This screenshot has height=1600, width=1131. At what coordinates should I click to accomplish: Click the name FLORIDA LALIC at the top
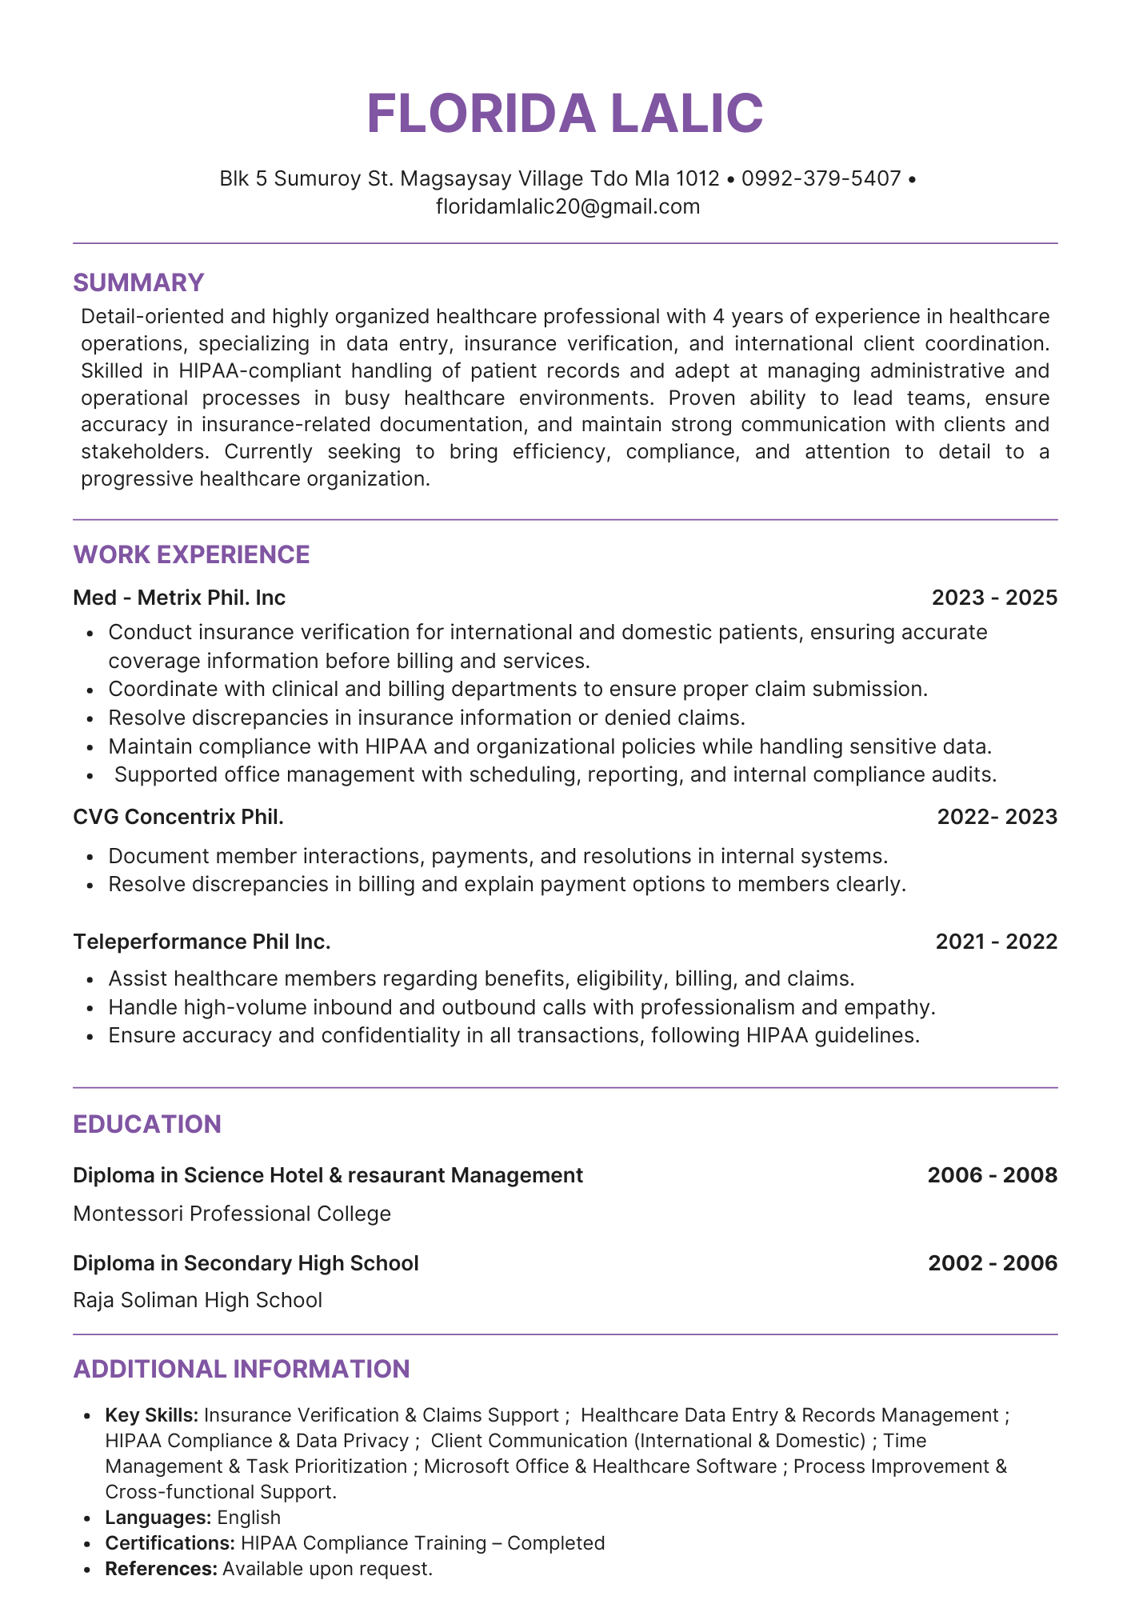[x=565, y=113]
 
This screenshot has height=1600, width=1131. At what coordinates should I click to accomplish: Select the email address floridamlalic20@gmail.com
[x=567, y=206]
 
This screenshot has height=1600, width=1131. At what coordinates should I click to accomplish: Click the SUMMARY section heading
[x=138, y=282]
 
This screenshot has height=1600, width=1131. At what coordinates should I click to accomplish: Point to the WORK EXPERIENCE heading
[x=191, y=554]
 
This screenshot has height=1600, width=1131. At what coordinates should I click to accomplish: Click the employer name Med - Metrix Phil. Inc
[x=179, y=598]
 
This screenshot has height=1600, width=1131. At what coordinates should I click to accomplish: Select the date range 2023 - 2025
[x=994, y=598]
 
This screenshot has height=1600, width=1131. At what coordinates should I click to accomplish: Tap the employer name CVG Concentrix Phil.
[x=178, y=817]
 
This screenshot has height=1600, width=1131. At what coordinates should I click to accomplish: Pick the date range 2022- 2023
[x=997, y=817]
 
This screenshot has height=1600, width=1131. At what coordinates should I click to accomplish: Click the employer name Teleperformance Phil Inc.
[x=202, y=942]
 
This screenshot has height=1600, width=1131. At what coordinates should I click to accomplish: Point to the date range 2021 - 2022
[x=996, y=942]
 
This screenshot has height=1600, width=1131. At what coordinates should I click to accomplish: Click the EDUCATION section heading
[x=146, y=1124]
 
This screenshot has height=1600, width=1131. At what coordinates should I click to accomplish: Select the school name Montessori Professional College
[x=232, y=1214]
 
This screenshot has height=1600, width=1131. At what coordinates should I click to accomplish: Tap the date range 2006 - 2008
[x=992, y=1175]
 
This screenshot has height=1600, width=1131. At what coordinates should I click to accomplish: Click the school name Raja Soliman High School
[x=198, y=1300]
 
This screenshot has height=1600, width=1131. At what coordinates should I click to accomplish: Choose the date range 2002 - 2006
[x=993, y=1263]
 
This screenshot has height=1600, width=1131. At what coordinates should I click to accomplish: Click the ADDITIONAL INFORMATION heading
[x=241, y=1369]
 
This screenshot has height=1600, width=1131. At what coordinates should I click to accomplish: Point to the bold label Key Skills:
[x=152, y=1415]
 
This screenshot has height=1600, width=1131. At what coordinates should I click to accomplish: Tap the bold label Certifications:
[x=170, y=1543]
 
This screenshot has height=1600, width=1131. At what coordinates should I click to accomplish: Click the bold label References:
[x=161, y=1569]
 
